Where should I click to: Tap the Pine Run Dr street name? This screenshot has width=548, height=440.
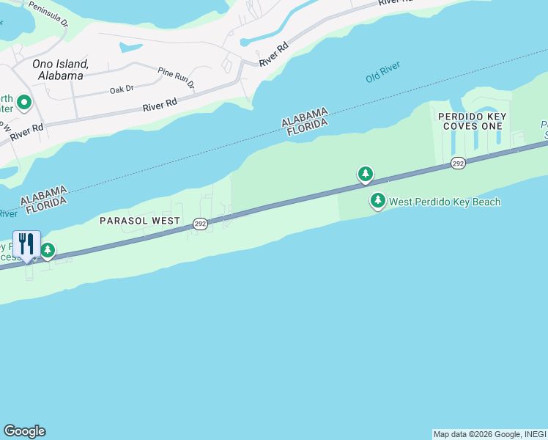(177, 78)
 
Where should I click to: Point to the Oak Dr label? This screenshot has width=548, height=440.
(122, 89)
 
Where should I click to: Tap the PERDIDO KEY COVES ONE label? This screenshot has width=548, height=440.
(473, 121)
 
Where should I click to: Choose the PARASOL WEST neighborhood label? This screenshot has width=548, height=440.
(140, 220)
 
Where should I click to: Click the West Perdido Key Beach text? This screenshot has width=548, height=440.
(445, 202)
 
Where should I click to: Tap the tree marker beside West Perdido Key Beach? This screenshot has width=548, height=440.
(378, 200)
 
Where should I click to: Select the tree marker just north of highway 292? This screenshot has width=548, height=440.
(365, 174)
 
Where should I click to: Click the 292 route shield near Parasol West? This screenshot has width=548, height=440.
(201, 223)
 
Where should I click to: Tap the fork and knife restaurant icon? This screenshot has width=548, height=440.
(27, 244)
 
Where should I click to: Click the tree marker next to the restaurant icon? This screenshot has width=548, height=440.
(48, 251)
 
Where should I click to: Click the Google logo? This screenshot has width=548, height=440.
(24, 431)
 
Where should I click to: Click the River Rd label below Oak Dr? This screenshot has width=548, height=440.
(160, 106)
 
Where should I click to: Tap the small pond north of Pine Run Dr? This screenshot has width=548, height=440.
(130, 48)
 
